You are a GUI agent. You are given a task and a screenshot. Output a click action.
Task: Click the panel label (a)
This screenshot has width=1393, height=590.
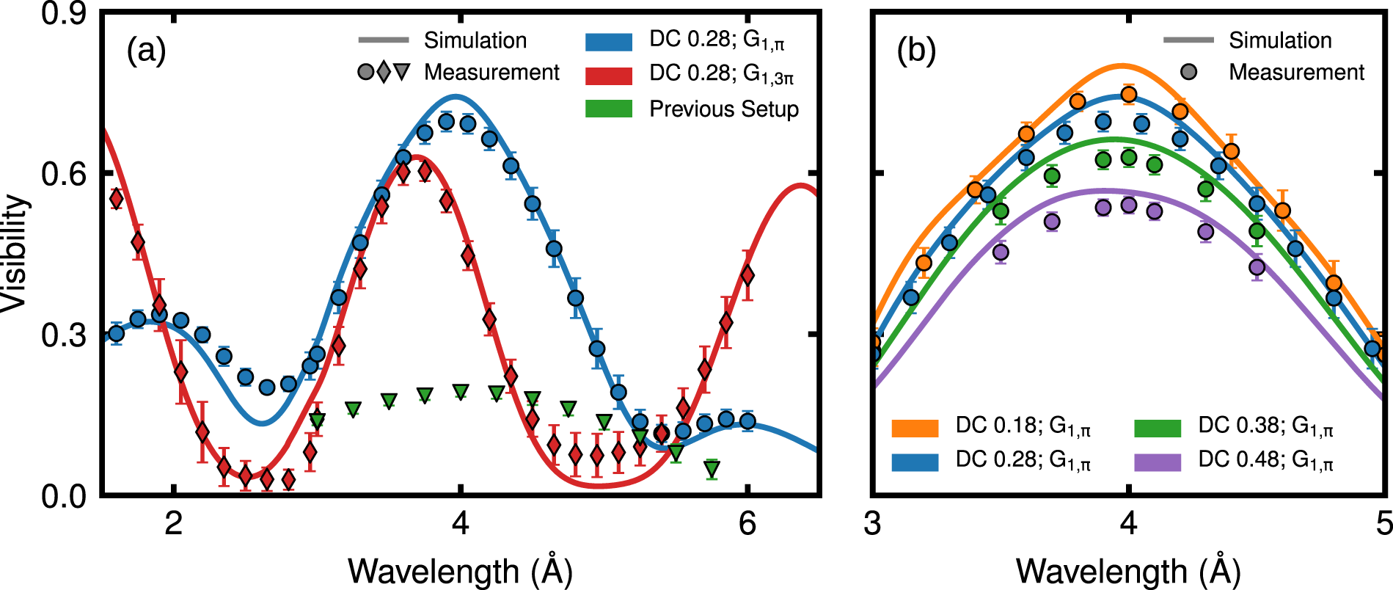coord(146,51)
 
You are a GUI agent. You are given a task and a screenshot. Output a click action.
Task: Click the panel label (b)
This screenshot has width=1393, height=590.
coord(916,51)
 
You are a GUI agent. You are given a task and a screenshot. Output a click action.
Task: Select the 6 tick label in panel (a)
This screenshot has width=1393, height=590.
coord(747,525)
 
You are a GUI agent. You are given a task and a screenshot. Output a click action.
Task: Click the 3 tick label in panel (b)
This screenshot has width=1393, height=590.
coord(872,525)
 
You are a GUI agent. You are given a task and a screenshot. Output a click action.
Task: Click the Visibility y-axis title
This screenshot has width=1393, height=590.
coord(15,253)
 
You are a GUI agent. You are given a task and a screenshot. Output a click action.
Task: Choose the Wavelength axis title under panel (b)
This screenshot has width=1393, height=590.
coord(1128,572)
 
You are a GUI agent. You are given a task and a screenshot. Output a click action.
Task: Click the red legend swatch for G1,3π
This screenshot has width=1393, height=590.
coord(608,76)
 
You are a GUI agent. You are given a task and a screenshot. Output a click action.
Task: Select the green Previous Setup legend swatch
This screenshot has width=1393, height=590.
coord(608,109)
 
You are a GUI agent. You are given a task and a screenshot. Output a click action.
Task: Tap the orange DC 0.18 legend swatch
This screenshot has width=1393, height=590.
coord(915,428)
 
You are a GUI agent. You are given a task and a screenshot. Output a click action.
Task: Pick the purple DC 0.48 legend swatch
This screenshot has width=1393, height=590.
coord(1158,462)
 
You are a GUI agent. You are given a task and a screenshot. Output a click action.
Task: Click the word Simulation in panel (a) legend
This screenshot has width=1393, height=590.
coord(475,40)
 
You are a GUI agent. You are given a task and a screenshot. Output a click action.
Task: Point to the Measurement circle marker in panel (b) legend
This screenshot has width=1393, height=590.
coord(1188,72)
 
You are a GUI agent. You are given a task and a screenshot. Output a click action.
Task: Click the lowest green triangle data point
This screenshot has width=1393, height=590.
coord(711,467)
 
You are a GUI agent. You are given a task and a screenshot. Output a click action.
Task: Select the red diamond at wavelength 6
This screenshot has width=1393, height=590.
coord(747,276)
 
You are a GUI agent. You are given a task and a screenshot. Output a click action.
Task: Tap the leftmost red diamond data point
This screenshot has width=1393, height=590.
coord(116,198)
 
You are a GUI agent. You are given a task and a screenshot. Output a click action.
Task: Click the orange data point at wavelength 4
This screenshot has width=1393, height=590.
coord(1129,95)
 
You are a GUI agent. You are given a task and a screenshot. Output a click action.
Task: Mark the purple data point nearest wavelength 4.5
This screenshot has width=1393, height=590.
coord(1257,267)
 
